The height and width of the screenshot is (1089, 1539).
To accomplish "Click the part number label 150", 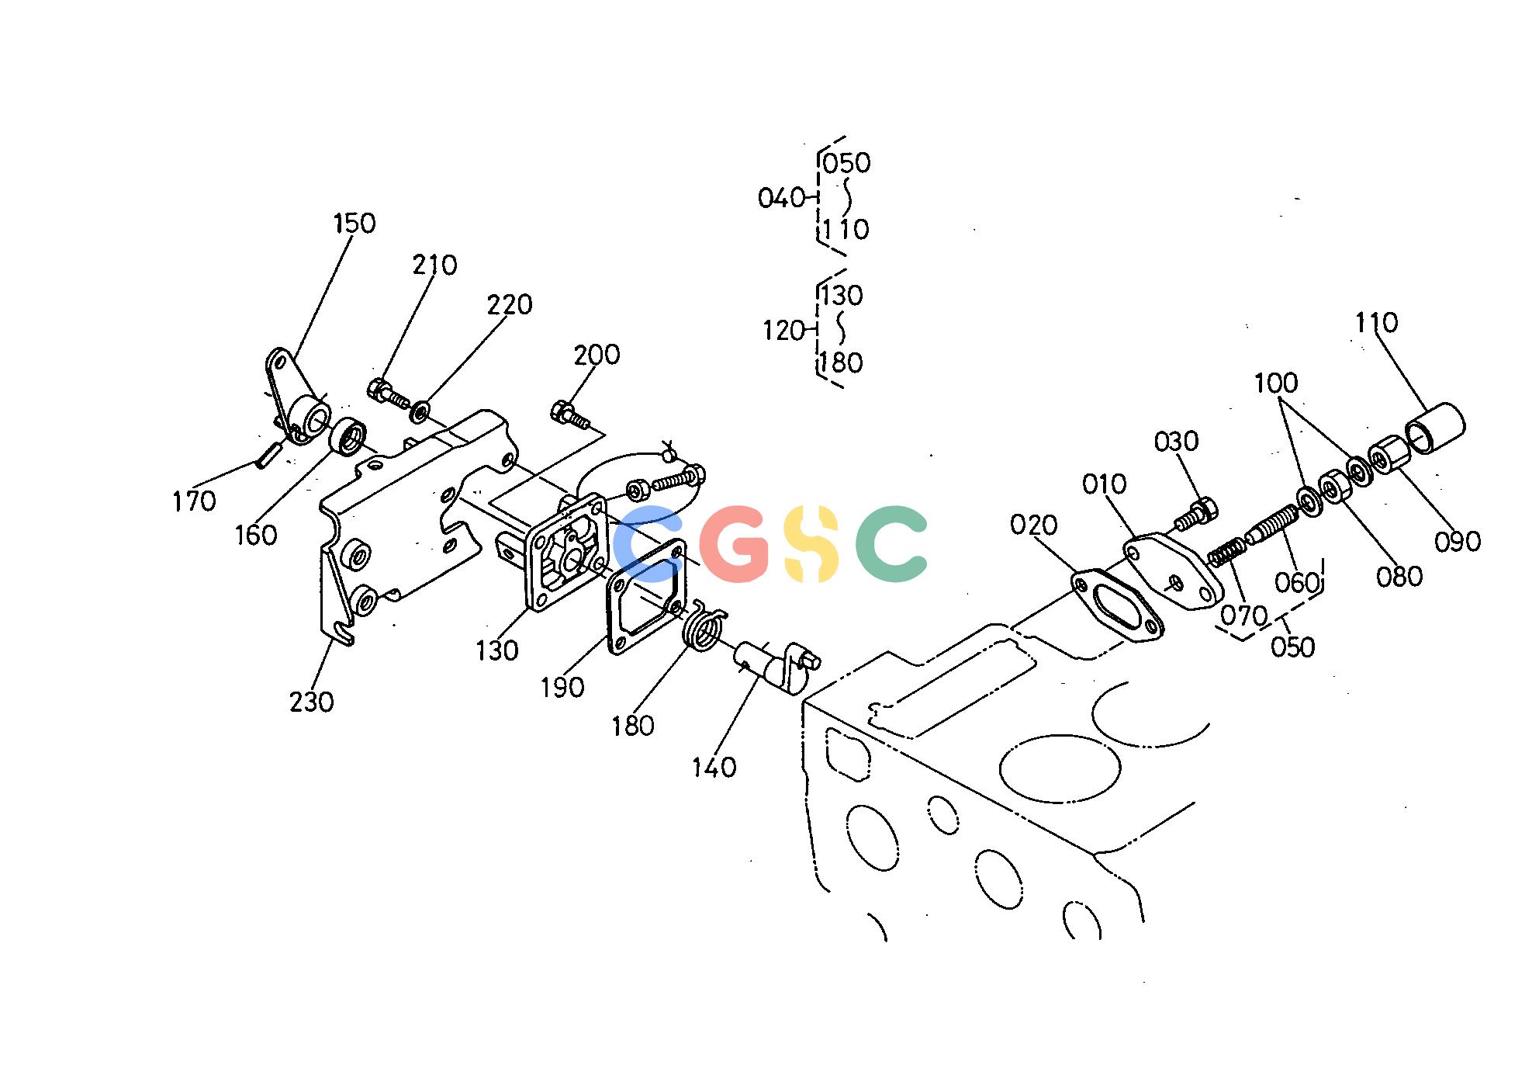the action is tap(354, 224).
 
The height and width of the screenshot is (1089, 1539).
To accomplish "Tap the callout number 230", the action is tap(311, 702).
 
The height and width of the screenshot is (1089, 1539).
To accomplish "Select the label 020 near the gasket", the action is tap(1034, 525).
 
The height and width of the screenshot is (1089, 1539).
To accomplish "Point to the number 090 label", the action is tap(1458, 541).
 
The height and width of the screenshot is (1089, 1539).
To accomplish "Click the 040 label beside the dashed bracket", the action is tap(781, 198).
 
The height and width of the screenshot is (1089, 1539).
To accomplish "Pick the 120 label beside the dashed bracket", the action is tap(783, 331).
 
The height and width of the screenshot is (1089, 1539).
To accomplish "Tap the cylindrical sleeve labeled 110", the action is tap(1435, 428).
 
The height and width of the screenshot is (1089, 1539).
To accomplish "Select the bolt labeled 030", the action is tap(1197, 513).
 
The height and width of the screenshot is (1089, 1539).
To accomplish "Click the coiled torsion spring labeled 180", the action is tap(704, 626).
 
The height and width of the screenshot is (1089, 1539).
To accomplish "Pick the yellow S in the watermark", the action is tap(811, 543).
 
